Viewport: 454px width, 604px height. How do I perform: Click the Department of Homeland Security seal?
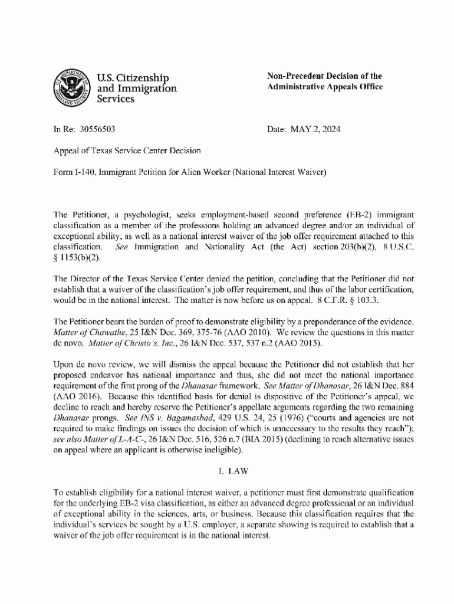coord(71,88)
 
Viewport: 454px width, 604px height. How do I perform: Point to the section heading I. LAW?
coord(226,471)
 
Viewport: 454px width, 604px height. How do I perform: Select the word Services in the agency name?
coord(116,100)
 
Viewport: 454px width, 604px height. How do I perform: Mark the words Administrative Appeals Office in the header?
coord(325,87)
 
